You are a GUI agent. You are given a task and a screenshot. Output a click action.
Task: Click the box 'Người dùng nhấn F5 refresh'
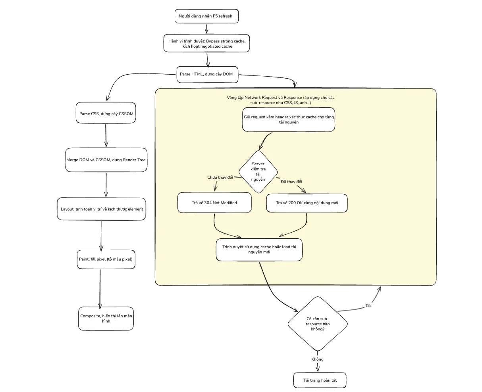point(206,16)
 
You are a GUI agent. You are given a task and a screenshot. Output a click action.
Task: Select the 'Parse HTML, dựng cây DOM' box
point(207,74)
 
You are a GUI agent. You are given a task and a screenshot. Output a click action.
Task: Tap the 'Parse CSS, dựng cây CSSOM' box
point(106,113)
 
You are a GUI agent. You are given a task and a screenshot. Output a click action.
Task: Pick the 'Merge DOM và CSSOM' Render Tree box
point(106,160)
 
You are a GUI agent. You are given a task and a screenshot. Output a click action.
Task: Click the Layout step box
point(101,209)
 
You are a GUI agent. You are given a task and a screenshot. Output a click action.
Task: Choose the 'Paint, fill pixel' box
point(106,259)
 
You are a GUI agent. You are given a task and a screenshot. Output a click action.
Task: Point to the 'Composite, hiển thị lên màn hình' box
point(106,319)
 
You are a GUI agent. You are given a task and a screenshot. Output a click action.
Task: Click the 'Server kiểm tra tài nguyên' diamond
point(258,172)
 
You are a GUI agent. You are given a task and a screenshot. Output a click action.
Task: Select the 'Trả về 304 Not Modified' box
point(214,203)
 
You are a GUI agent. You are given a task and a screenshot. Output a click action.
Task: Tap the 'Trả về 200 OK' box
point(307,203)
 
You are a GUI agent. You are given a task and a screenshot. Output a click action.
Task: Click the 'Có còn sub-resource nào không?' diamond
point(318,324)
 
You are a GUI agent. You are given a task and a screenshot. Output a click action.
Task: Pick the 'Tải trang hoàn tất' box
point(320,380)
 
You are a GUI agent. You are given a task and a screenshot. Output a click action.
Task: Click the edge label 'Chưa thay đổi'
point(220,177)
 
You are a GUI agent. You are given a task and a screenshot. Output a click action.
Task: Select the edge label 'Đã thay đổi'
point(291,182)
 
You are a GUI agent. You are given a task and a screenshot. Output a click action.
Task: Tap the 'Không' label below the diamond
point(317,359)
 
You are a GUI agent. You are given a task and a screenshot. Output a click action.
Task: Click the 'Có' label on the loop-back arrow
point(368,305)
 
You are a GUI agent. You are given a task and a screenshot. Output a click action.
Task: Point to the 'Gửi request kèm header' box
point(289,120)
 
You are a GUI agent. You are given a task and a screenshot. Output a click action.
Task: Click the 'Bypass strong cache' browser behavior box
point(206,43)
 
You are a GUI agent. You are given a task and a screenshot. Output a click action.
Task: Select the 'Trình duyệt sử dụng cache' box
point(259,250)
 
